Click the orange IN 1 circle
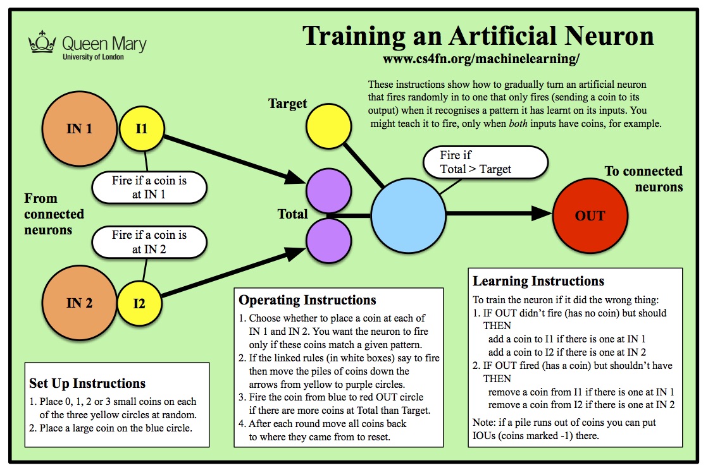(x=80, y=129)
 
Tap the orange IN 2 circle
(x=80, y=303)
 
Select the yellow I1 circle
(x=141, y=129)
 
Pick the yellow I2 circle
(x=139, y=303)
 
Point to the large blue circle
(x=408, y=215)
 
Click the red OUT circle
(x=590, y=215)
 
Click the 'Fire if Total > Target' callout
(x=484, y=162)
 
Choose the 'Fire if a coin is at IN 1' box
(x=149, y=188)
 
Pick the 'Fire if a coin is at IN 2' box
(x=149, y=242)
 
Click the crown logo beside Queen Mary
(x=43, y=42)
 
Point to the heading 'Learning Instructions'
(x=538, y=281)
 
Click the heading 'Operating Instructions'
(x=307, y=300)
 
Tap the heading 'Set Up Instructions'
(x=87, y=383)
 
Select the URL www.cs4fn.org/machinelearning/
(x=481, y=59)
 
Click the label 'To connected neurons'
(x=643, y=179)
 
